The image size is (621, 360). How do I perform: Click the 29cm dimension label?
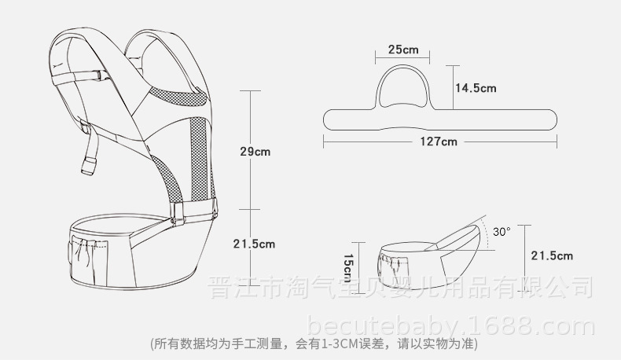tap(255, 152)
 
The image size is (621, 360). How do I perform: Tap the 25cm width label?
tap(403, 50)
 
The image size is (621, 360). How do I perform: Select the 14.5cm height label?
tap(476, 88)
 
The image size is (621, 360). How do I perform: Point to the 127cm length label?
tap(439, 141)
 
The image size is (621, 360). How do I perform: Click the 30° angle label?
tap(502, 231)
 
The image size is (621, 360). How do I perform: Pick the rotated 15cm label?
tap(347, 268)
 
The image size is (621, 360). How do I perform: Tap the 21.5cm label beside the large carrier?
tap(254, 244)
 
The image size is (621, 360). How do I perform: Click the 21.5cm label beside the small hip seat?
tap(552, 255)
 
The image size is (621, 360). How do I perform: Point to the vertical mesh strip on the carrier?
tap(199, 159)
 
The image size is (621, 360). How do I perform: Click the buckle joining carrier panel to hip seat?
tap(178, 214)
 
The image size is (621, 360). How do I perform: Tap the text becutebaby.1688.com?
tap(451, 327)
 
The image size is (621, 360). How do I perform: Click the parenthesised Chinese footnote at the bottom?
tap(314, 343)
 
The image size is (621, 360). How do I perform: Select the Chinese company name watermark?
tap(400, 287)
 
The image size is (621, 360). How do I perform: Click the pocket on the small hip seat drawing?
tap(392, 266)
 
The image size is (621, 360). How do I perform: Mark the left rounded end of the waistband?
tap(325, 119)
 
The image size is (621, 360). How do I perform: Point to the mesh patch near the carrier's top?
tap(178, 96)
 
